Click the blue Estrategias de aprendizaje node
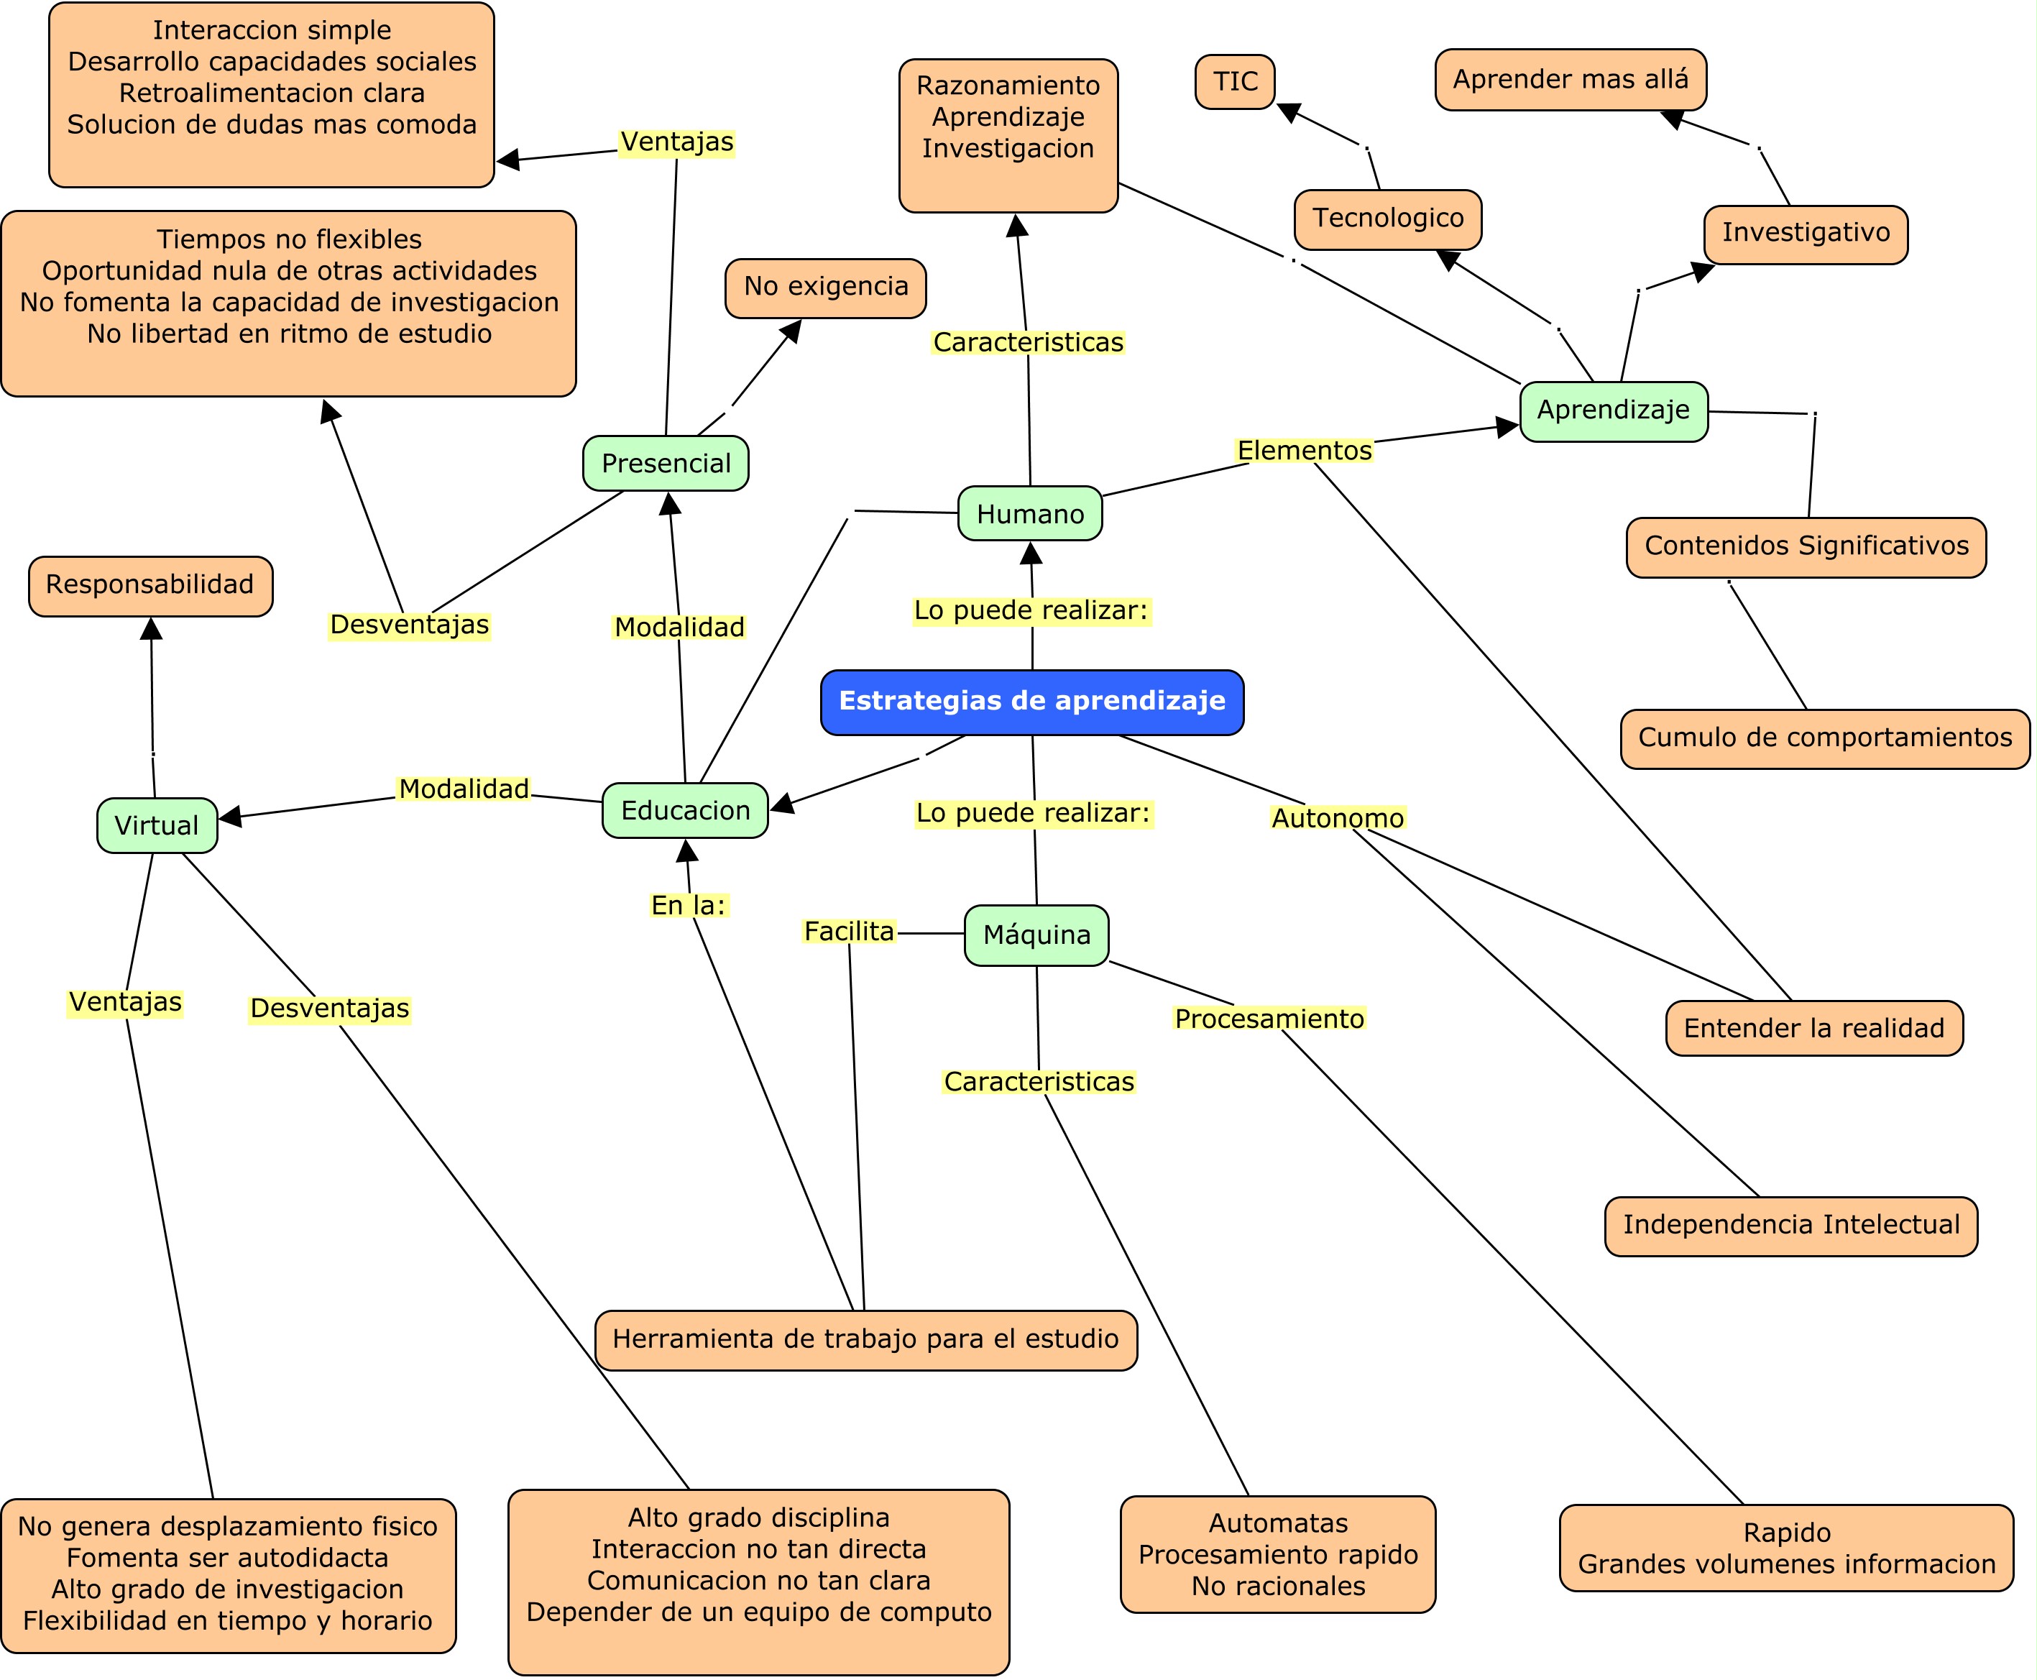(x=1031, y=702)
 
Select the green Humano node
(x=1029, y=514)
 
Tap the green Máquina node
(x=1036, y=935)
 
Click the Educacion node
(x=685, y=811)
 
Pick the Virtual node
(x=157, y=825)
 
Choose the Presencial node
(x=666, y=464)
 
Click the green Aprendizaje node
(x=1613, y=410)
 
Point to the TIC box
(x=1235, y=81)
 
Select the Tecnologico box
(x=1388, y=219)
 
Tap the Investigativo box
(x=1806, y=233)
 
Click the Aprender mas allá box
(x=1570, y=79)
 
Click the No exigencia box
(x=825, y=288)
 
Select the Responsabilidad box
(x=150, y=585)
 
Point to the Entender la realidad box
(x=1813, y=1029)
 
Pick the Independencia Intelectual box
(x=1790, y=1225)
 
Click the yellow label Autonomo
(x=1338, y=819)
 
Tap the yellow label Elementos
(x=1305, y=451)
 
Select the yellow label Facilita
(x=849, y=932)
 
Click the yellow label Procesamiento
(x=1269, y=1019)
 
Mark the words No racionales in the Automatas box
(x=1277, y=1586)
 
